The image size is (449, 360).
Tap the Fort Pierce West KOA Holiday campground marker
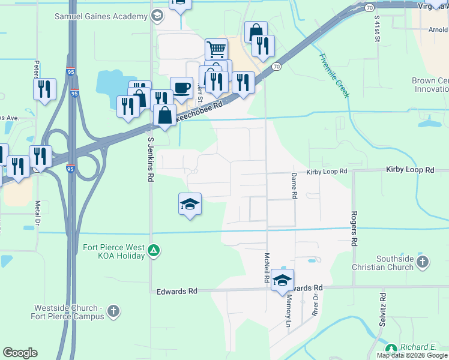[154, 250]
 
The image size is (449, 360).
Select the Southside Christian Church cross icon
[423, 262]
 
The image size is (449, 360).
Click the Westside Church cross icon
[113, 311]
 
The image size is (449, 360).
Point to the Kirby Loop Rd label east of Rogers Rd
[410, 170]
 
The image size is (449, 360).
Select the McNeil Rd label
[266, 268]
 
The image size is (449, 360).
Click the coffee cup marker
[181, 88]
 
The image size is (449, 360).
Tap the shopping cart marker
[216, 49]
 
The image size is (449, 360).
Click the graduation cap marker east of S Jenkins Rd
[190, 204]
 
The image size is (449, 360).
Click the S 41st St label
[377, 28]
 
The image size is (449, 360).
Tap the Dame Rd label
[294, 186]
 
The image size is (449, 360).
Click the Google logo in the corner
[20, 353]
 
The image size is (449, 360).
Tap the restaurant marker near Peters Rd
[44, 89]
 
